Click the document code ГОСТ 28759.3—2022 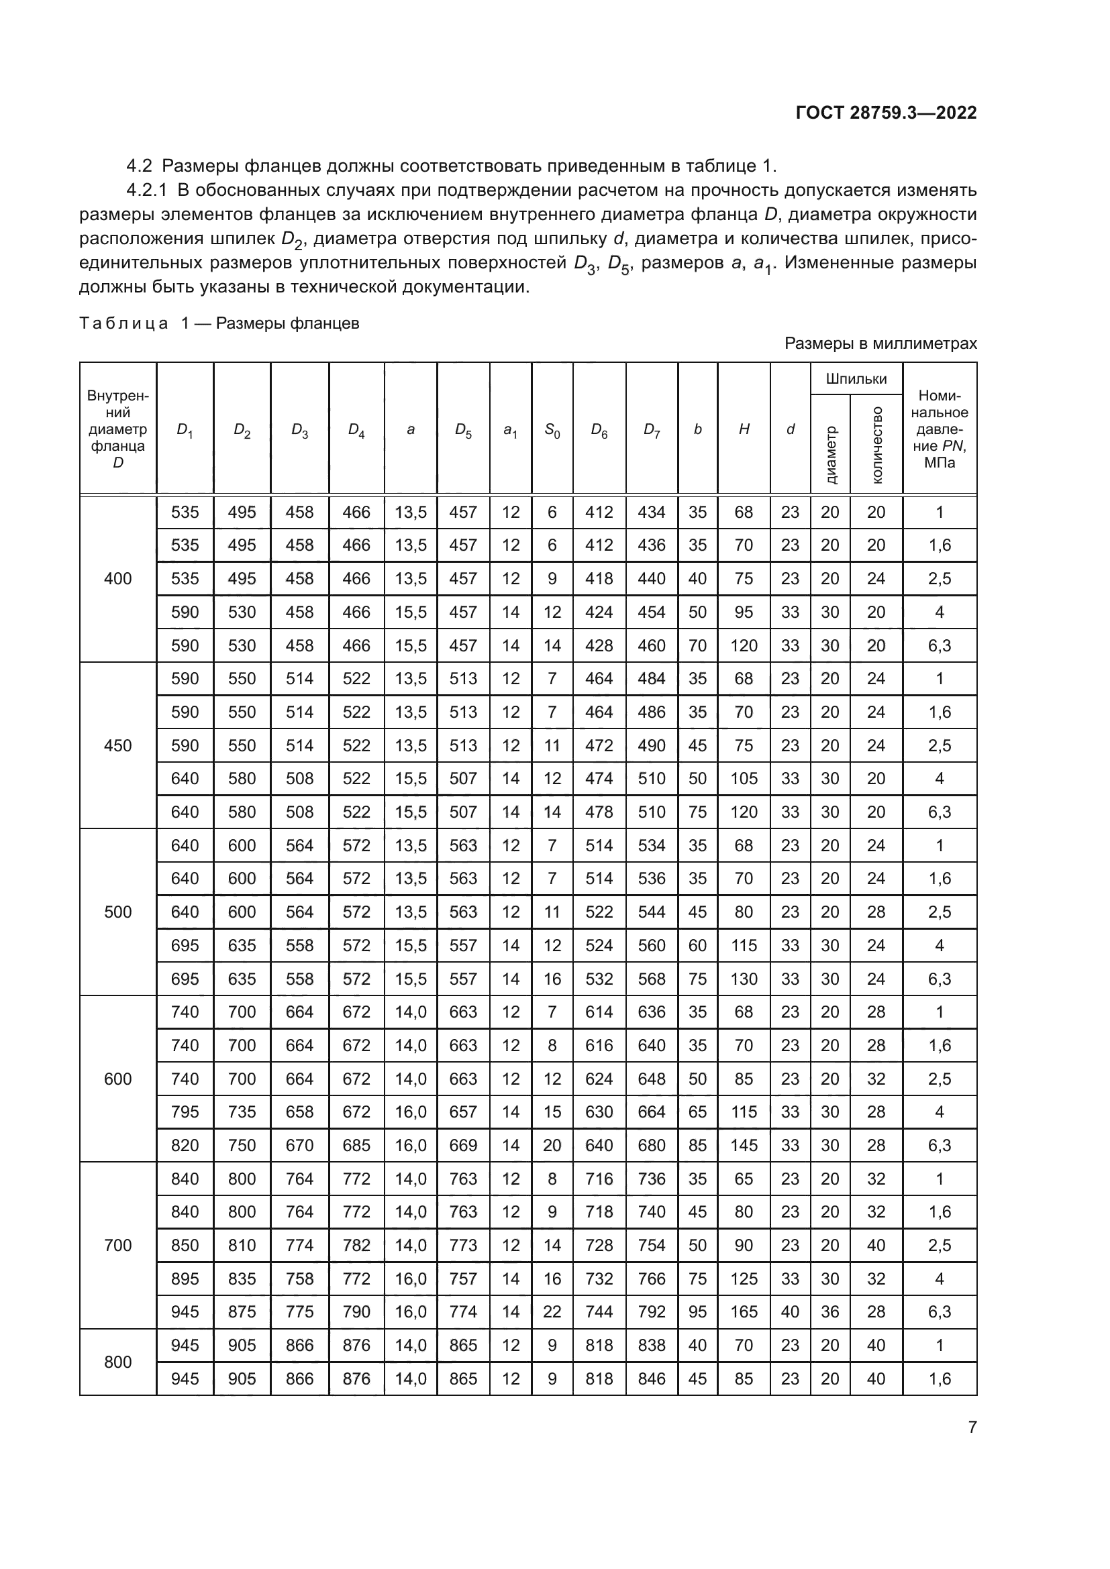pos(886,113)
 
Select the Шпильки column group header pos(856,378)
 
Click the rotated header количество pos(876,444)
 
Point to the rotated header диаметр pos(829,454)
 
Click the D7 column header pos(652,430)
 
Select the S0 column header pos(552,430)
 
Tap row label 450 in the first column pos(117,745)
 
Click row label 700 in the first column pos(117,1245)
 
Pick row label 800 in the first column pos(117,1362)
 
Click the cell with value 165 pos(744,1311)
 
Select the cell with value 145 pos(744,1145)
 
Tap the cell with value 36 pos(829,1311)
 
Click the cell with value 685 pos(356,1145)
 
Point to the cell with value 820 pos(185,1145)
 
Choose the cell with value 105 pos(744,778)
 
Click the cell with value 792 pos(652,1311)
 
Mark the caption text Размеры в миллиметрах pos(880,343)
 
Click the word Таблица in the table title pos(123,323)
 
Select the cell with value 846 pos(652,1378)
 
